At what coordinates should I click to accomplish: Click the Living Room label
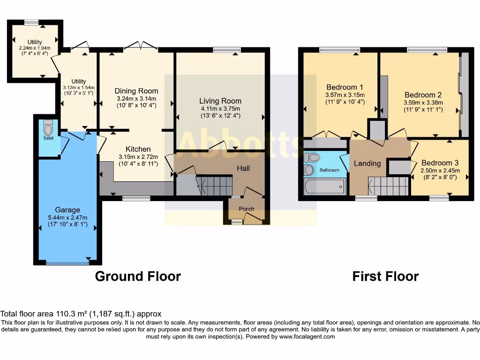click(220, 101)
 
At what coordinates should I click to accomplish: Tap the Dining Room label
click(136, 91)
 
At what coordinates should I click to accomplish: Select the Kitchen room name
click(138, 149)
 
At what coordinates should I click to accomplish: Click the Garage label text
click(67, 210)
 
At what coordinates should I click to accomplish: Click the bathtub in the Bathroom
click(325, 186)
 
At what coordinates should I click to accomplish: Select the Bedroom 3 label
click(440, 163)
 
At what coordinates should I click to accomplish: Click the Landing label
click(367, 163)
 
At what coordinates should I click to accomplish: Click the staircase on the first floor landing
click(388, 186)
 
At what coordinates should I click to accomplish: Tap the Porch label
click(247, 209)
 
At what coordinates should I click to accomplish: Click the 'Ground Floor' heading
click(138, 276)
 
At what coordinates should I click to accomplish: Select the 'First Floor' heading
click(385, 276)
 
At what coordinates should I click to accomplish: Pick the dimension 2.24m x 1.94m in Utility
click(35, 48)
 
